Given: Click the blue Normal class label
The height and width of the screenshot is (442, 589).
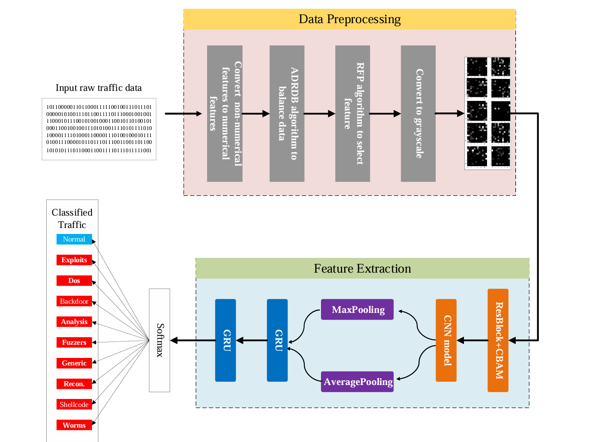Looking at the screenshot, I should coord(74,239).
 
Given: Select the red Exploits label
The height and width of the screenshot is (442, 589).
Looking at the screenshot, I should coord(74,260).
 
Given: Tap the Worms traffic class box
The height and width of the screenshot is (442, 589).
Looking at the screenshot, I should coord(74,425).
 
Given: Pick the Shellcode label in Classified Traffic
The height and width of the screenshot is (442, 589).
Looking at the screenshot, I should coord(74,405).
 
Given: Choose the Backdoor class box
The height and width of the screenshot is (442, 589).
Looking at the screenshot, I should coord(74,301).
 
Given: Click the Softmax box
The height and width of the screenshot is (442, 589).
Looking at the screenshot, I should coord(159,340).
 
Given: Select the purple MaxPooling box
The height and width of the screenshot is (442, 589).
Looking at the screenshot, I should coord(357,310).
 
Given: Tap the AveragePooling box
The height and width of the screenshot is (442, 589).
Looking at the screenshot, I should coord(357,382).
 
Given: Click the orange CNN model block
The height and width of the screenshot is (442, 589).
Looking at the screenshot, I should coord(446,340).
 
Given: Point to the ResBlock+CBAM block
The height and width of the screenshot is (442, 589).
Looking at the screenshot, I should coord(498,340).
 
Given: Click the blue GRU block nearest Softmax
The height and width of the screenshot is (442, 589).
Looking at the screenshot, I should coord(225,340).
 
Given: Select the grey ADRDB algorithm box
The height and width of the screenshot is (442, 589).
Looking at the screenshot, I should coord(287,114).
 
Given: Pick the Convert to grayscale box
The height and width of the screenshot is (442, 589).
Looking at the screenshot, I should coord(418,114).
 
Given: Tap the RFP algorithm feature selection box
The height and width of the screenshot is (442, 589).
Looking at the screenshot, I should coord(352,114).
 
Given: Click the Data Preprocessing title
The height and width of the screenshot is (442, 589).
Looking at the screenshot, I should coord(349,19).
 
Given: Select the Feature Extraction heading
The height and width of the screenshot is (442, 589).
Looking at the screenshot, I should coord(362,269).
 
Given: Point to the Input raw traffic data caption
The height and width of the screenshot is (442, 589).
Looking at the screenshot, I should coord(98,88).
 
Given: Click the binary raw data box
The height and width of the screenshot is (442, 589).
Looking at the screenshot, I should coord(99,129).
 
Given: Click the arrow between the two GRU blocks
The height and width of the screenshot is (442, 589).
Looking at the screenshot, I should coord(252,340).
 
